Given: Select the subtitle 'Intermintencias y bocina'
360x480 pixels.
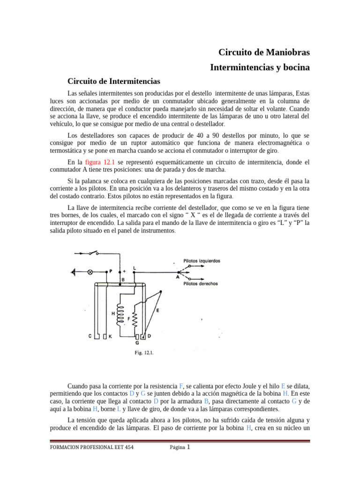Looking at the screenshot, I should coord(260,67).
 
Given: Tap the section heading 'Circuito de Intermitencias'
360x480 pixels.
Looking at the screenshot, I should coord(114,81).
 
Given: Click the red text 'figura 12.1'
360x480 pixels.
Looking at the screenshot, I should coord(99,162).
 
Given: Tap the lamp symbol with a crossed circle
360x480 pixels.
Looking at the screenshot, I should coord(91,271).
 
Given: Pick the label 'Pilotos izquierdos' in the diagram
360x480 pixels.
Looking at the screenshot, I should coord(202,261).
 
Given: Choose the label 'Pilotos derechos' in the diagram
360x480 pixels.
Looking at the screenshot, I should coord(201,283).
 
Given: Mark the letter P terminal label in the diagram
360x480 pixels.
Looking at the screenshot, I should coord(111,270).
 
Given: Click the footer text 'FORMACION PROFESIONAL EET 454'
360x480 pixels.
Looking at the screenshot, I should coord(91,448).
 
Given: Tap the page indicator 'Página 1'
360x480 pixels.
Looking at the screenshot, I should coord(180,447).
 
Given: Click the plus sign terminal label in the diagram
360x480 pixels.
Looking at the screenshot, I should coord(124,271).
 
